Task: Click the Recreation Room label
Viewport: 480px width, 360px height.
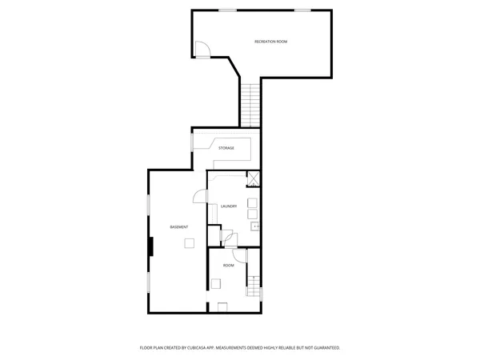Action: point(270,41)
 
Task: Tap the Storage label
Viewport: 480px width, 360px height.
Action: point(226,148)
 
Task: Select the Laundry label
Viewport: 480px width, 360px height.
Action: point(228,206)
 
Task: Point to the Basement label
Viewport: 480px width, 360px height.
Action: point(179,227)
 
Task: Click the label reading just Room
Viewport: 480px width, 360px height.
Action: point(229,265)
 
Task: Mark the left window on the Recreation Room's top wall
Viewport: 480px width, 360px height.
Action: point(228,10)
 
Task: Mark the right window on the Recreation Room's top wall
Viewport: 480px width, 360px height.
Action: point(302,10)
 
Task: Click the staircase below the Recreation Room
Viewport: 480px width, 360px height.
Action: point(251,105)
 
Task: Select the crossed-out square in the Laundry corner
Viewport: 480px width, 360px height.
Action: point(253,180)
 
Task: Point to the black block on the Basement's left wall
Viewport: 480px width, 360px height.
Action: point(150,246)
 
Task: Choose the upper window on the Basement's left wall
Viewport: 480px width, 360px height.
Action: point(148,205)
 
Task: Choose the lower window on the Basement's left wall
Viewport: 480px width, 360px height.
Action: point(148,282)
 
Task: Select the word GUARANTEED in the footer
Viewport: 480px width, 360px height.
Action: point(325,348)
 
